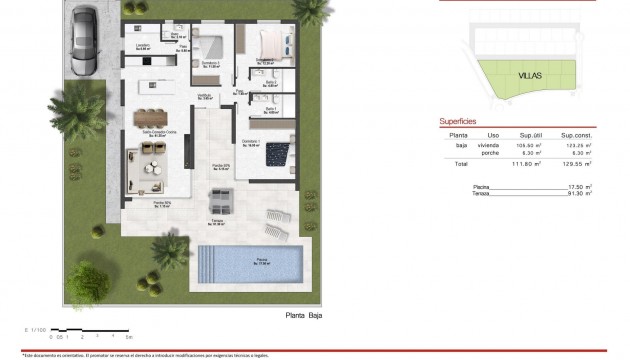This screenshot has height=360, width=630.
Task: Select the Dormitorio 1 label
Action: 250,142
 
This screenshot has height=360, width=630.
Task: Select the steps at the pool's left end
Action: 207,264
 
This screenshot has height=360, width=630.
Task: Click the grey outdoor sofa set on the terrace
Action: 221,203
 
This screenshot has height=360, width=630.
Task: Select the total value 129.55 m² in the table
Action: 574,163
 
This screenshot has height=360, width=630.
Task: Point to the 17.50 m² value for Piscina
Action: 576,187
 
